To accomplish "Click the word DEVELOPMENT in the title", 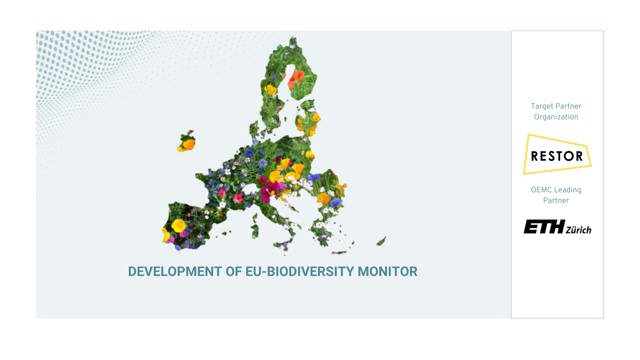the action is click(175, 272).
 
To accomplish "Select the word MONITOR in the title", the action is click(387, 272).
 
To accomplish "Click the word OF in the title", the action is click(234, 272).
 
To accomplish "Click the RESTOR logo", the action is click(557, 154).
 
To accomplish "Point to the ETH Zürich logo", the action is click(557, 227).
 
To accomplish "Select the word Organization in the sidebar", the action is click(556, 117).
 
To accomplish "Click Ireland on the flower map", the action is click(187, 141).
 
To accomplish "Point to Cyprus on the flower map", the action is click(381, 241).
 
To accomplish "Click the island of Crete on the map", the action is click(339, 253).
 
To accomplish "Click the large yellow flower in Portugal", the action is click(178, 226).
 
